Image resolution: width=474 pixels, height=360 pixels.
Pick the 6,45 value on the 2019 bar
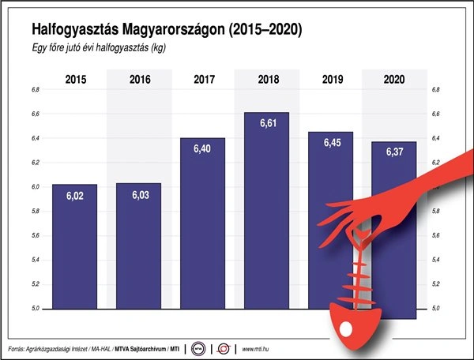[x=329, y=144]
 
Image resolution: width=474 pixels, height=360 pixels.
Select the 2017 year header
[x=203, y=80]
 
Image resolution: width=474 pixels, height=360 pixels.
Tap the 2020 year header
[x=393, y=80]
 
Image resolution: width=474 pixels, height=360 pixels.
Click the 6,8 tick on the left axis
[x=36, y=90]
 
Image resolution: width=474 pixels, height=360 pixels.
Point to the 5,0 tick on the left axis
[x=36, y=308]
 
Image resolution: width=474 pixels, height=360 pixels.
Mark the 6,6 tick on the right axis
[x=435, y=114]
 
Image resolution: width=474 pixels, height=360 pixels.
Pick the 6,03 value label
[x=139, y=196]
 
